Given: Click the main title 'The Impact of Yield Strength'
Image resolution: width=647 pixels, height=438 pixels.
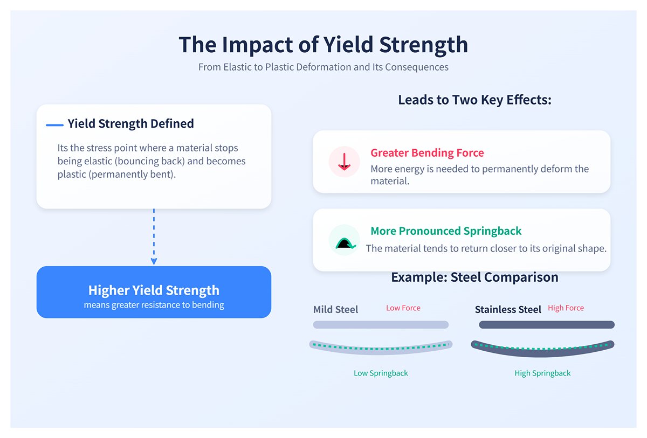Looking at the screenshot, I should point(323,45).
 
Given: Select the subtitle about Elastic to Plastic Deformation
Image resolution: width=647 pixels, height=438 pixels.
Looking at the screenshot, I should point(323,67).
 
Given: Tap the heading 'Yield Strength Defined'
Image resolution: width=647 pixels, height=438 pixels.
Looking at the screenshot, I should point(130,123).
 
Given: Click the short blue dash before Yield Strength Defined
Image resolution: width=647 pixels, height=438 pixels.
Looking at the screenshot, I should point(55,125).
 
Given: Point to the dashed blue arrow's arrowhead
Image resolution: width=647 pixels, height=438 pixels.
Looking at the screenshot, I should point(154,261).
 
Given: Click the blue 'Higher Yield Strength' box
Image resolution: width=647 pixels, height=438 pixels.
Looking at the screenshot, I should point(154,291).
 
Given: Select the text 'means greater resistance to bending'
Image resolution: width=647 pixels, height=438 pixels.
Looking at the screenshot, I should point(154,305).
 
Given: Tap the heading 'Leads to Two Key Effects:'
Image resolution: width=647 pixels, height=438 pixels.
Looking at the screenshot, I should point(474,100).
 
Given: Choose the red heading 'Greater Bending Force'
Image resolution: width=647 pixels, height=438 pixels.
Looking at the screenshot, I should point(427,153).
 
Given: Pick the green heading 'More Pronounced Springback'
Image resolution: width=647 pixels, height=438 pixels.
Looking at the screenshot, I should point(446,231).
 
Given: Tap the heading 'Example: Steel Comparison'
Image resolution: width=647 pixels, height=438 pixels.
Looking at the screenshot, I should point(474,277).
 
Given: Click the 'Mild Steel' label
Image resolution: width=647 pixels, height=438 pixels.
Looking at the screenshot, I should point(335,310).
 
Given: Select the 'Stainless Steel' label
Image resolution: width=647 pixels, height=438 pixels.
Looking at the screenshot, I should point(508,310).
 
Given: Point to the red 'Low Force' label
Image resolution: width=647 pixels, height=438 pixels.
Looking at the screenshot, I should point(403,308).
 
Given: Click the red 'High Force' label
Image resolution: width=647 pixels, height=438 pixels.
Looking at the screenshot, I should point(566,308).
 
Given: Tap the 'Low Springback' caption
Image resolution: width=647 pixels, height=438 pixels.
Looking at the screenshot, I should point(381,373).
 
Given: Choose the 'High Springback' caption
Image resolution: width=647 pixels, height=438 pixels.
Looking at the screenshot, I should point(542,373).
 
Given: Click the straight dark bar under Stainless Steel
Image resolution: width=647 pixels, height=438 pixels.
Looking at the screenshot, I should point(547,325).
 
